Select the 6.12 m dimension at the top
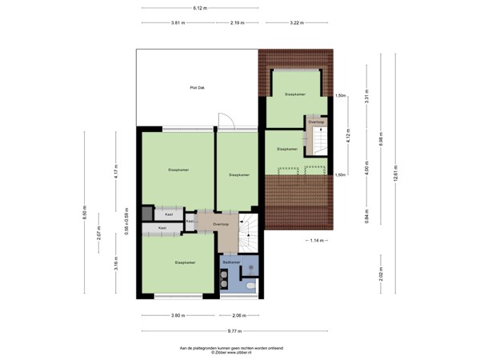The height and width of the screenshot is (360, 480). tap(200, 8)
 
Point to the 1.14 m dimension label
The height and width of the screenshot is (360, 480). tap(317, 240)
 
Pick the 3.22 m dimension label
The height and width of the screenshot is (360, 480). tap(298, 22)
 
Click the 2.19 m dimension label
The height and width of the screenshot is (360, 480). tap(236, 22)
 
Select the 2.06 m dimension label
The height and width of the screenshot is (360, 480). tap(237, 315)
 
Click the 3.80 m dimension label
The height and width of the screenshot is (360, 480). tap(177, 315)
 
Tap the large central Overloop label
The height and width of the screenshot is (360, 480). tap(221, 226)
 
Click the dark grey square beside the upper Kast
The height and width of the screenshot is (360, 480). tap(147, 214)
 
